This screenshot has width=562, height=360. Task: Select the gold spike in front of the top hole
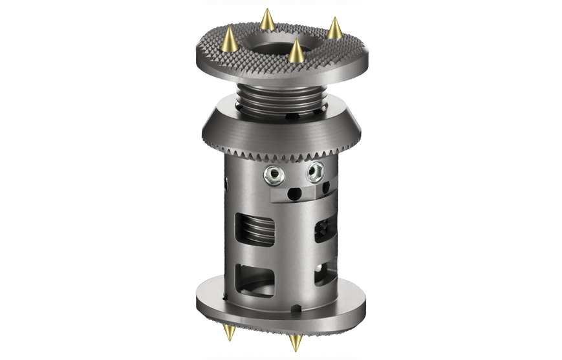296,51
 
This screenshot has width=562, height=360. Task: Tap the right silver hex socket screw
315,171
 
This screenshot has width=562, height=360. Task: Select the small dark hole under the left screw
288,192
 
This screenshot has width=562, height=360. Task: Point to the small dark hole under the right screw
309,191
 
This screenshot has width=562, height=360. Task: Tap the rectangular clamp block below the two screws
294,192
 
